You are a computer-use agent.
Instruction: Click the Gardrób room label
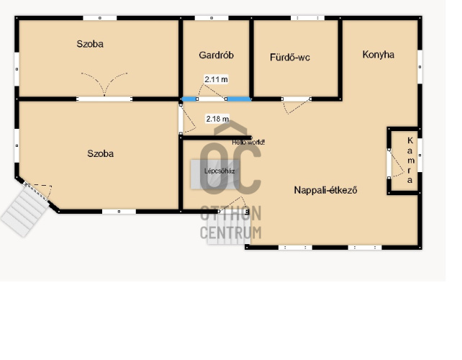217,55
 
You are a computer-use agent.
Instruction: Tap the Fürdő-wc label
290,57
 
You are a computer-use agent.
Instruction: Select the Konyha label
379,55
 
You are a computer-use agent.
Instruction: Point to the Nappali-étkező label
325,190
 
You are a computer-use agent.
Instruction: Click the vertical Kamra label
410,160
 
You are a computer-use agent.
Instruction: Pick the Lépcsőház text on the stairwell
219,171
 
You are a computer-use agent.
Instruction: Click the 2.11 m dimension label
217,79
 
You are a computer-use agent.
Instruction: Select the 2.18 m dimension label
217,119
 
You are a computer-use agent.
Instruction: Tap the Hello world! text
248,143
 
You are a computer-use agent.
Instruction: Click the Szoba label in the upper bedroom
90,44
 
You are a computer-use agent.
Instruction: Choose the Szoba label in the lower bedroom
101,153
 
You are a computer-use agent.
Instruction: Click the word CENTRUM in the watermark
231,233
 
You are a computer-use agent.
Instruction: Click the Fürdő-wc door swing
296,106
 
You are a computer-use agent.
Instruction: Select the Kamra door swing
397,164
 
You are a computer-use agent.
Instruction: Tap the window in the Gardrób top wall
212,18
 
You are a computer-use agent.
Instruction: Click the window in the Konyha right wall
420,67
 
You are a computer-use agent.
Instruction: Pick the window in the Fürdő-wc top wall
307,18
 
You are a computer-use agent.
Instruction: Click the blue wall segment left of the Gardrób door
189,99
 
